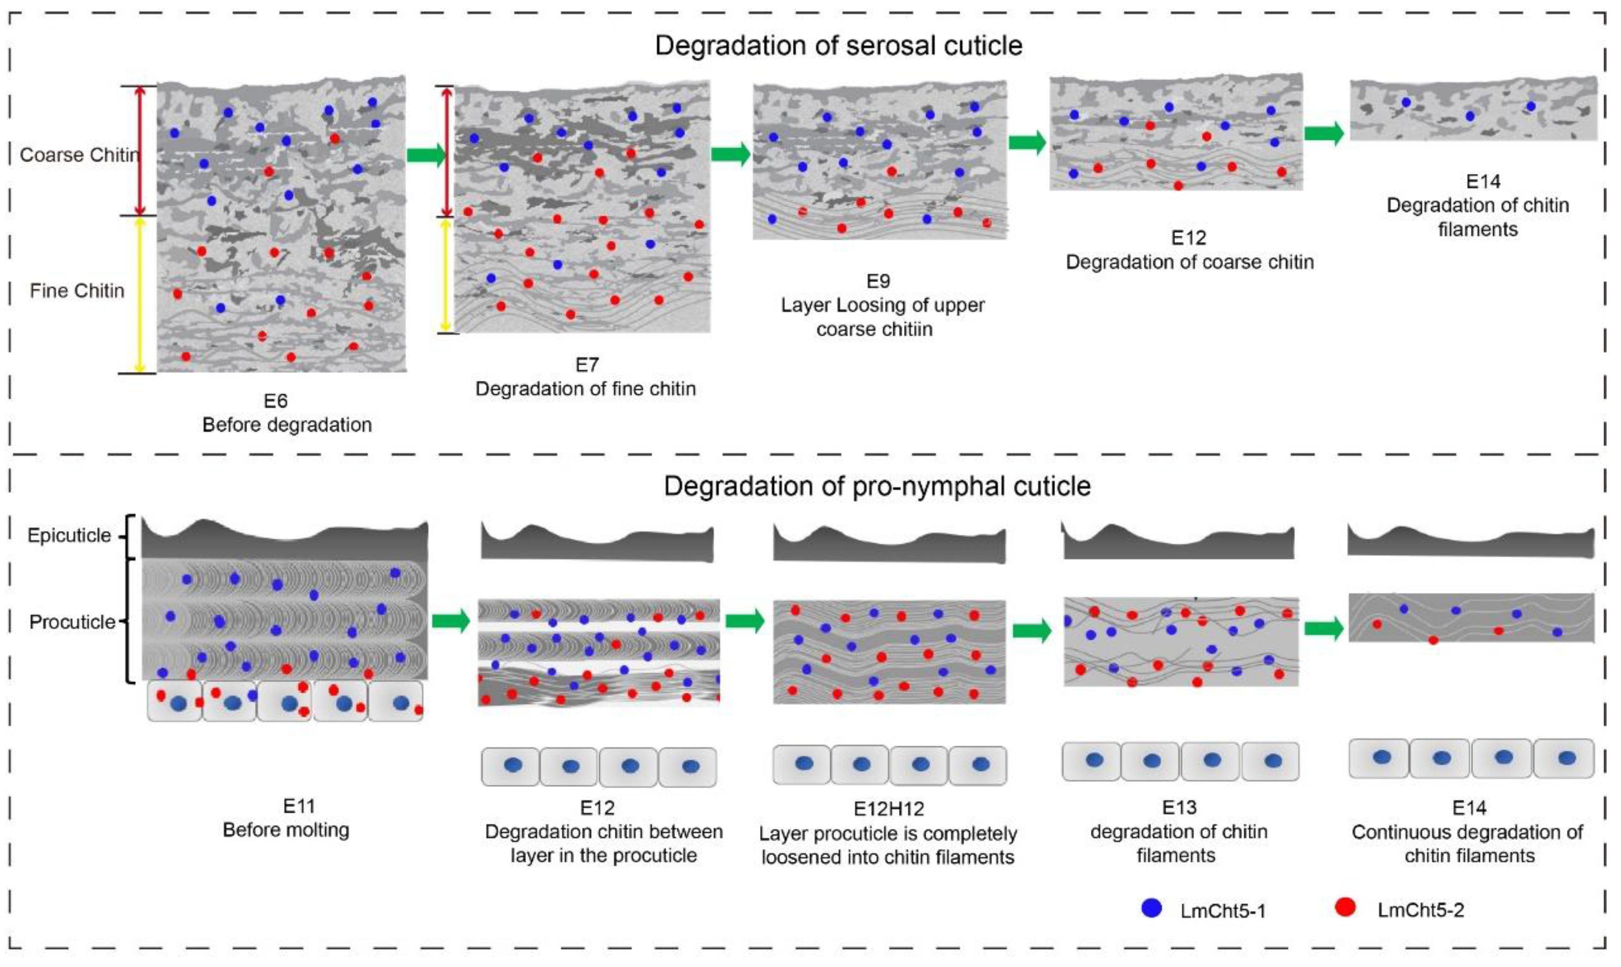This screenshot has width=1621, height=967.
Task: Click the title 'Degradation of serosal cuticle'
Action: pyautogui.click(x=838, y=46)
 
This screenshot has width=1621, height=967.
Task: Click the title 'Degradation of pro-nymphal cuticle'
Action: pyautogui.click(x=877, y=486)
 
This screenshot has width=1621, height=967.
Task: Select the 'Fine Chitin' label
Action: pyautogui.click(x=77, y=290)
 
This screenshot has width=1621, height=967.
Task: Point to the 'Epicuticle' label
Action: pyautogui.click(x=69, y=536)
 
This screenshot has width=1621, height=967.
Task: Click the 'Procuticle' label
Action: pyautogui.click(x=72, y=622)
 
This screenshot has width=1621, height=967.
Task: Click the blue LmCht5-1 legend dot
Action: pyautogui.click(x=1152, y=908)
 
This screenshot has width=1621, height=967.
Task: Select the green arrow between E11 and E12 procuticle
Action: pyautogui.click(x=451, y=620)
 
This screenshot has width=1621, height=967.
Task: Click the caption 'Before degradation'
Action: pyautogui.click(x=287, y=425)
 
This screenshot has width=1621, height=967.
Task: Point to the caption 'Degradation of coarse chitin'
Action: pyautogui.click(x=1189, y=262)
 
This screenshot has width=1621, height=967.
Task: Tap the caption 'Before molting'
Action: pyautogui.click(x=286, y=830)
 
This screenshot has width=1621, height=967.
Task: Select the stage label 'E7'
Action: pyautogui.click(x=587, y=365)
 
